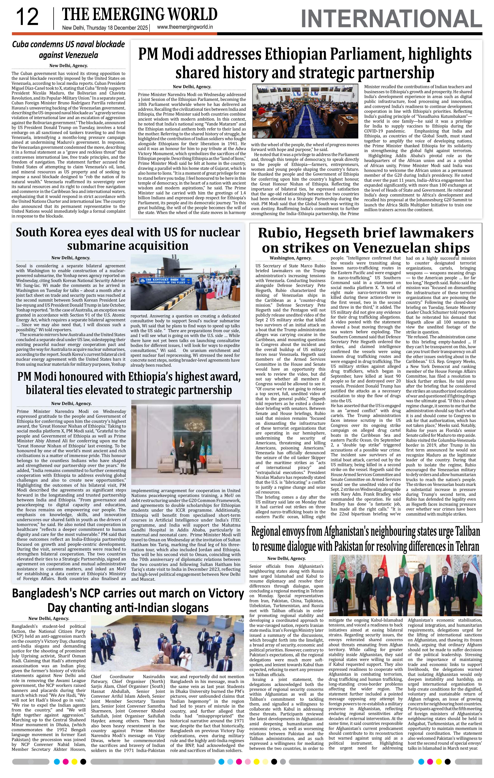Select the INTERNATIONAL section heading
[x=391, y=19]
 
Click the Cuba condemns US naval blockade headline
[x=68, y=49]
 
